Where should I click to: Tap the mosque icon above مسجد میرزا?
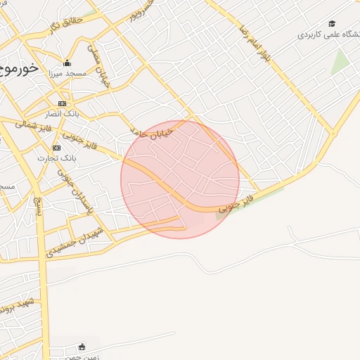coord(67,63)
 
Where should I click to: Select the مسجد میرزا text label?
coord(67,73)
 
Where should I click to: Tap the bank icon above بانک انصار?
coord(62,103)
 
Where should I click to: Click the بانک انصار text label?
coord(63,114)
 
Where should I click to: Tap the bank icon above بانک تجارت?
coord(56,148)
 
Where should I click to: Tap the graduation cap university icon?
coord(332,24)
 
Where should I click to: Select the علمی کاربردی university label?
coord(328,34)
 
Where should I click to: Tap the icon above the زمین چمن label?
coord(82,346)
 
